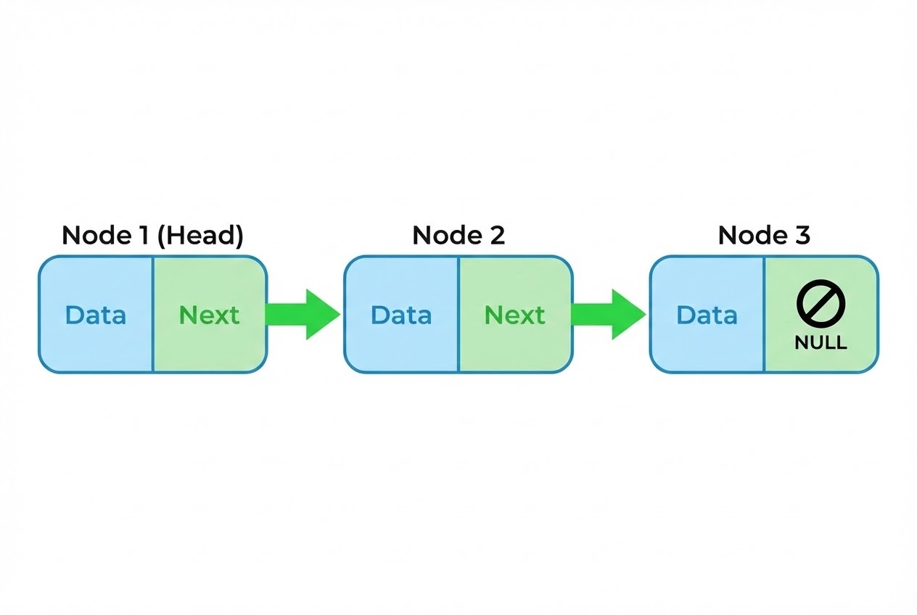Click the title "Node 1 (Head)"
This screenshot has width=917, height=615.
coord(152,236)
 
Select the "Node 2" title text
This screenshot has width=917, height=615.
coord(458,236)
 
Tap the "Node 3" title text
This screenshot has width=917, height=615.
coord(764,236)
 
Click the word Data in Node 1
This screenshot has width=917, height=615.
coord(95,315)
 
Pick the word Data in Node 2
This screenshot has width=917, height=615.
coord(401,315)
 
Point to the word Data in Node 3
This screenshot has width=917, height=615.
coord(707,315)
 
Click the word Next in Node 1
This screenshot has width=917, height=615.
coord(209,315)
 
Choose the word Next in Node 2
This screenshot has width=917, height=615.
coord(515,315)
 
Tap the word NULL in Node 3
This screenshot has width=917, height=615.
coord(821,343)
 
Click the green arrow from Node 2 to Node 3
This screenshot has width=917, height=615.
coord(608,314)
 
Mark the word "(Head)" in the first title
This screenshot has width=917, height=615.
coord(200,236)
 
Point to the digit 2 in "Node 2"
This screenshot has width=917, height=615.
coord(496,236)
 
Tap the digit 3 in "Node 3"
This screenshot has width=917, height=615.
coord(802,236)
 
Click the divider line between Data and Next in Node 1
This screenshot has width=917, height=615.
coord(152,314)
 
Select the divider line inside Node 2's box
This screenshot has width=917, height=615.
coord(458,314)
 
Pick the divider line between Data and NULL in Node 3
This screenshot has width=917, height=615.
coord(764,314)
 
